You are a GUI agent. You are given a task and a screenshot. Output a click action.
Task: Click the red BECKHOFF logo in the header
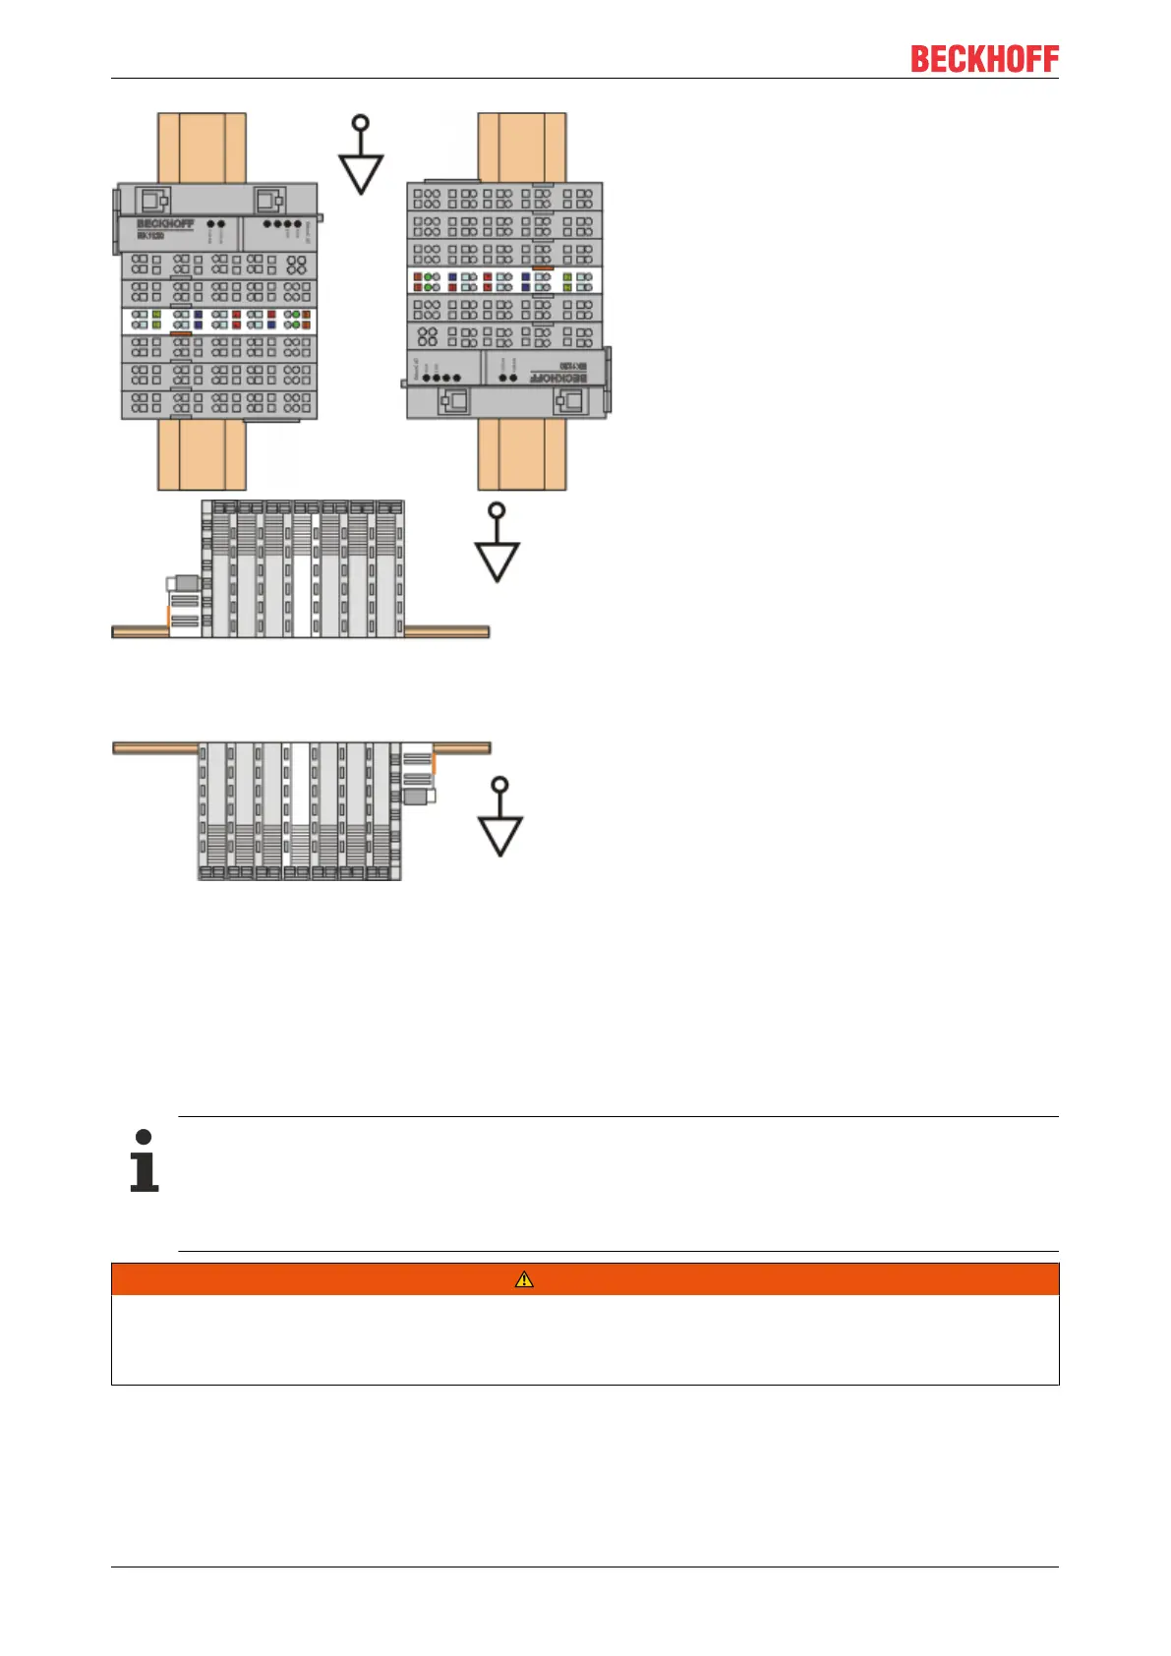[x=984, y=59]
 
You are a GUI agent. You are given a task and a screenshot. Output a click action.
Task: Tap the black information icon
[x=145, y=1161]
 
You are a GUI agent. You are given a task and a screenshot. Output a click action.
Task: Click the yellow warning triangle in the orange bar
[x=525, y=1279]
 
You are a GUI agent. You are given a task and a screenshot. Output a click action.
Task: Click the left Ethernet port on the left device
[x=151, y=201]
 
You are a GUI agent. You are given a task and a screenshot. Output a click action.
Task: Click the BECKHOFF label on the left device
[x=165, y=224]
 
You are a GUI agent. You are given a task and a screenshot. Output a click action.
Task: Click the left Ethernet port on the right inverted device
[x=453, y=401]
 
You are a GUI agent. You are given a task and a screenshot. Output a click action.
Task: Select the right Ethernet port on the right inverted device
[x=569, y=401]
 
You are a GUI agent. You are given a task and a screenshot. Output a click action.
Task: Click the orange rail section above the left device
[x=202, y=148]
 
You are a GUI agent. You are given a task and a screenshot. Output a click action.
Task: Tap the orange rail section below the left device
[x=202, y=454]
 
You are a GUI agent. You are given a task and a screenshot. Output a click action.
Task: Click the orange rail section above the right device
[x=522, y=148]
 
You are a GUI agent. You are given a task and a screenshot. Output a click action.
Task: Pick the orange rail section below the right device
[x=522, y=454]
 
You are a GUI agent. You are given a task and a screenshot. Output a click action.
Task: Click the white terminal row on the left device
[x=219, y=320]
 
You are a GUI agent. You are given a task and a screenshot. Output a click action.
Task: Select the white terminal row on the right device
[x=504, y=281]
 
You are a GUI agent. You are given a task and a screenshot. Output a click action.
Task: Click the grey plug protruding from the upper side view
[x=185, y=583]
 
